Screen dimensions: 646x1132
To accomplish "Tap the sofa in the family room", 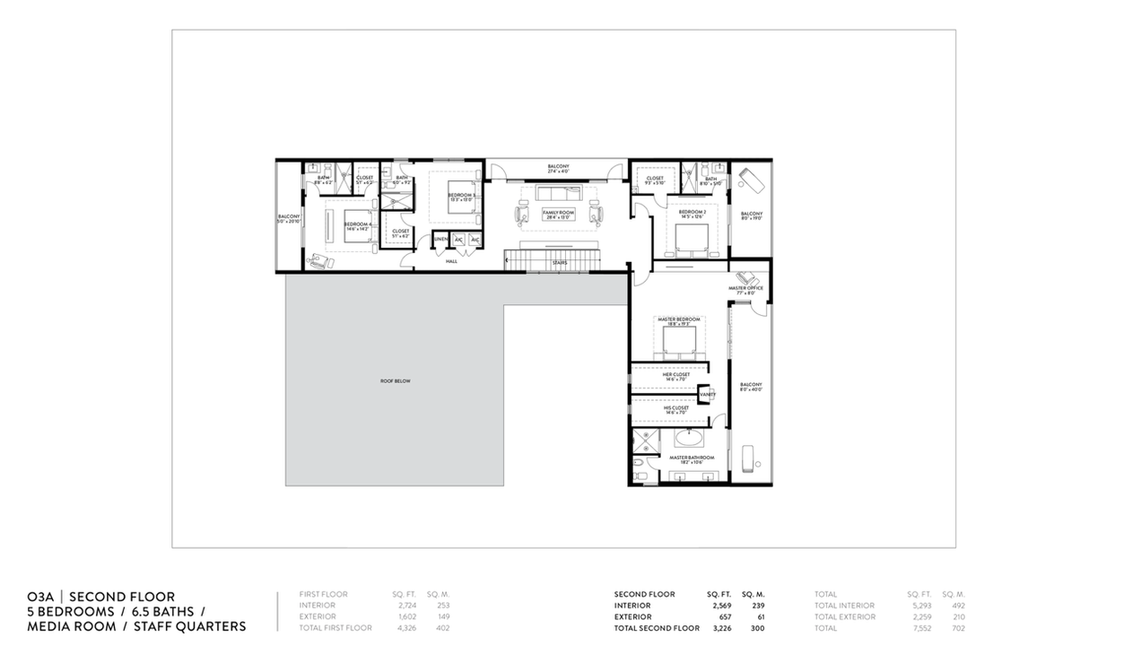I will click(558, 194).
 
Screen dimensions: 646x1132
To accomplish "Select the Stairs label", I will click(559, 262).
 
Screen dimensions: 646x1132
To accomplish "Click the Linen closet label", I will click(440, 240).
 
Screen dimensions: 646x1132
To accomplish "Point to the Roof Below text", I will click(395, 381).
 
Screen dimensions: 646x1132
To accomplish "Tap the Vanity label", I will click(707, 394).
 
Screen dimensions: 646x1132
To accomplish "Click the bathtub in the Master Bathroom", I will click(688, 439).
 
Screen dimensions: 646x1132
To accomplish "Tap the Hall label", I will click(451, 261).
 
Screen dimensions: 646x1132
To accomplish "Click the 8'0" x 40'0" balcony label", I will click(750, 387).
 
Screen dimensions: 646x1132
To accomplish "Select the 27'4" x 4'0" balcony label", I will click(558, 169).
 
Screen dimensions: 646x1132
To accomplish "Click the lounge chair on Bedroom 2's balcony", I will click(750, 179).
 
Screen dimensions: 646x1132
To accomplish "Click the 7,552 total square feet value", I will click(919, 628).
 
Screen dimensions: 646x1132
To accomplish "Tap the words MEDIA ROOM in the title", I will click(72, 626).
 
